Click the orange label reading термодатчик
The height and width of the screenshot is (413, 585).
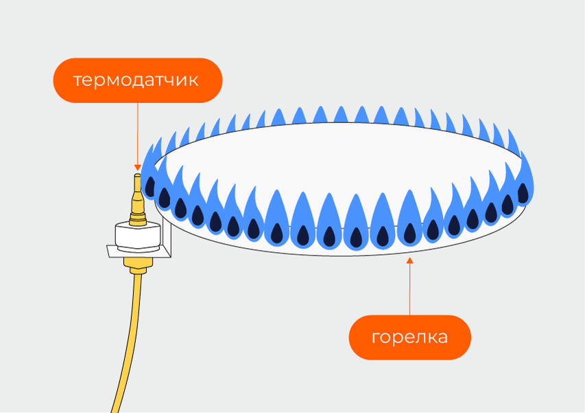(137, 80)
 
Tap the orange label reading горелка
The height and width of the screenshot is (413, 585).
(409, 337)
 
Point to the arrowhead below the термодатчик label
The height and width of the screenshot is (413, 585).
(137, 168)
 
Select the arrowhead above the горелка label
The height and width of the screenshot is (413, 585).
(410, 260)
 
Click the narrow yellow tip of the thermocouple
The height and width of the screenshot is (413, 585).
(137, 184)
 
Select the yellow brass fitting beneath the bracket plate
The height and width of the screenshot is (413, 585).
(136, 265)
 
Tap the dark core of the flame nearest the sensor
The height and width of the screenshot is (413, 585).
(165, 198)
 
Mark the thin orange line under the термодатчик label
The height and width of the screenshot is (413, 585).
(137, 134)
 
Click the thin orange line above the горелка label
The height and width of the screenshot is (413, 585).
(410, 289)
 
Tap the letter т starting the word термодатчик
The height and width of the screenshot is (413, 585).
(77, 81)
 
